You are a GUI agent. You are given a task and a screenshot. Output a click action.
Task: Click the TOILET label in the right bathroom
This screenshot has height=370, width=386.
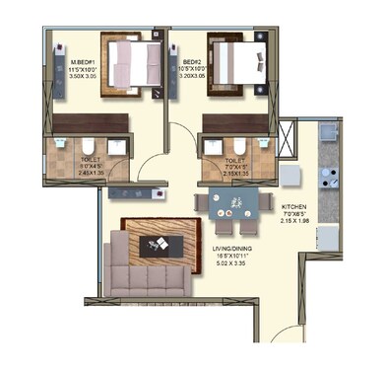coord(233,159)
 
